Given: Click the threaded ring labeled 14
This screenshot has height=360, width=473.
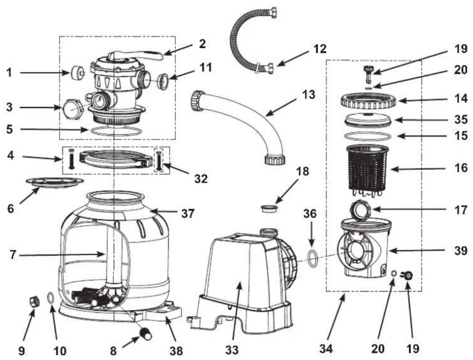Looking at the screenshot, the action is point(369,101).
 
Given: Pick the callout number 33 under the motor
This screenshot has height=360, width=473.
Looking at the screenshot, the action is point(232,350).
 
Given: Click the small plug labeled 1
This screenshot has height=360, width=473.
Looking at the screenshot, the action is point(77,73).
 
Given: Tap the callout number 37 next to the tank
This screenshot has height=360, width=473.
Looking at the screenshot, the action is point(188,213).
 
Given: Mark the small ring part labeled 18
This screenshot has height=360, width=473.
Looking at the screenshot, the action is point(270,208).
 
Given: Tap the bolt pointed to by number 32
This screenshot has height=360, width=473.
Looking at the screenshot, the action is point(159,160).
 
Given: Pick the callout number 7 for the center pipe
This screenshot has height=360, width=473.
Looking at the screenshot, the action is point(12,255).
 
